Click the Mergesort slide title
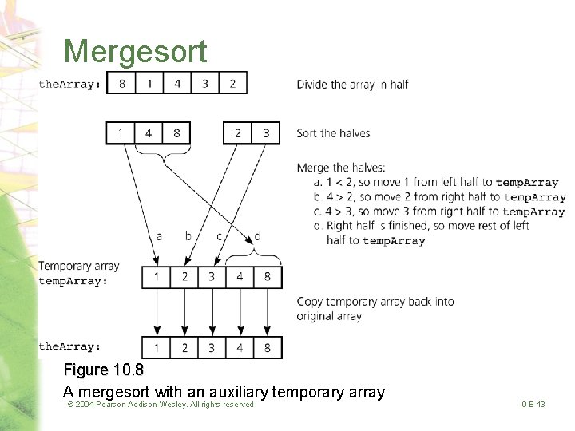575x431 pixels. pos(135,51)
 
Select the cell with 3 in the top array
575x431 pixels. pos(204,83)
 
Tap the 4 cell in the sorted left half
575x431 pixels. pos(149,132)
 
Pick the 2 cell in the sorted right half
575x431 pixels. pos(238,132)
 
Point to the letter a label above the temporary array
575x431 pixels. pos(159,236)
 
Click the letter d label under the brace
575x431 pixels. pos(256,236)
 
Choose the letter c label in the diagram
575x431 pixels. pos(219,236)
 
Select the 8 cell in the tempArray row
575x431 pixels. pos(268,276)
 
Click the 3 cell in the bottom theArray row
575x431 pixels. pos(212,347)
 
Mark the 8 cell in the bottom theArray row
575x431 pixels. pos(268,347)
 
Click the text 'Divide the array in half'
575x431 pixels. pos(352,85)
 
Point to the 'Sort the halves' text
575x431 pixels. pos(333,133)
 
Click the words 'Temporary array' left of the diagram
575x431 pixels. pos(79,266)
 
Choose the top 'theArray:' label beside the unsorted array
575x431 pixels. pos(70,84)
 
